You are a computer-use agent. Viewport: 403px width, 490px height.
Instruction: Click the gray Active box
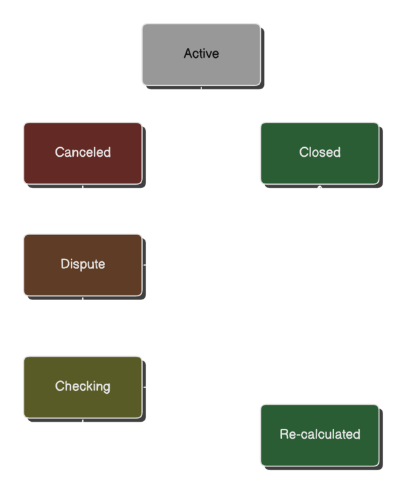tap(201, 54)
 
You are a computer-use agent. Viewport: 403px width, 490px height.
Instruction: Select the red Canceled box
tap(83, 152)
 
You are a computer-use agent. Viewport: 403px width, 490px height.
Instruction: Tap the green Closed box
tap(319, 152)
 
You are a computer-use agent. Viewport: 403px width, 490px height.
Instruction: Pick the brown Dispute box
tap(83, 264)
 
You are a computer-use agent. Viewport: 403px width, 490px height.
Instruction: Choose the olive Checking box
tap(83, 386)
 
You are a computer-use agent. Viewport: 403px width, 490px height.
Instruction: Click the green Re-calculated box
tap(319, 435)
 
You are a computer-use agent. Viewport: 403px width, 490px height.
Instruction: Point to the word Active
tap(201, 54)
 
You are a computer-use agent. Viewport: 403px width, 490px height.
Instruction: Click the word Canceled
tap(83, 152)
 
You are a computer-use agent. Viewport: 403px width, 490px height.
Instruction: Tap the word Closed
tap(319, 152)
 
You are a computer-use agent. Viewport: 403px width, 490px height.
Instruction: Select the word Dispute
tap(83, 264)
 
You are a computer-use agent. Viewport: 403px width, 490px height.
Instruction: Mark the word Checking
tap(83, 386)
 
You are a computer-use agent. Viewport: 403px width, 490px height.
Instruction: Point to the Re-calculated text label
tap(319, 435)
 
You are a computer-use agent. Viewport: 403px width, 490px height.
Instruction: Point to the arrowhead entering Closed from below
tap(319, 190)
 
